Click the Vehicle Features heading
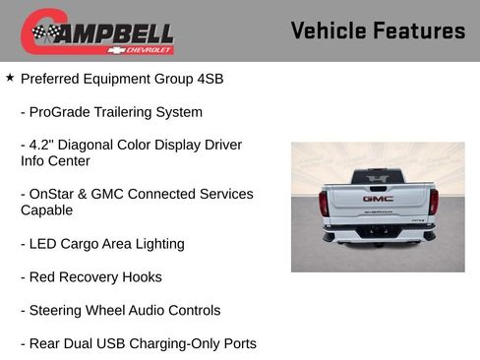click(378, 30)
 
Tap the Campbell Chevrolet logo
click(97, 32)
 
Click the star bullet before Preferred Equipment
click(10, 77)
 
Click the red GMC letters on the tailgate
click(378, 198)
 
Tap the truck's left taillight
click(324, 203)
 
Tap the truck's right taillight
click(433, 202)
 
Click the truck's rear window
click(378, 176)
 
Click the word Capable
click(47, 210)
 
